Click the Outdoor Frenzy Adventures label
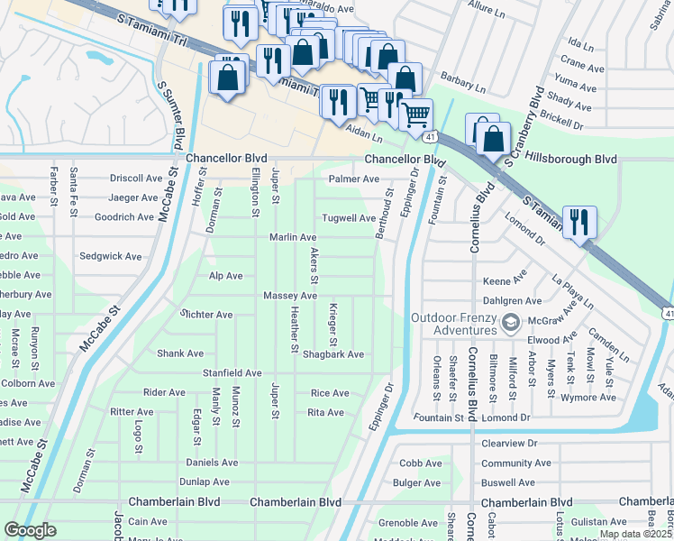click(x=454, y=324)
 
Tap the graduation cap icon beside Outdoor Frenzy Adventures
click(x=511, y=322)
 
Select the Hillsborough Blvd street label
click(x=573, y=159)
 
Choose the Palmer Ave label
click(x=353, y=179)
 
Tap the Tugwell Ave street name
click(x=350, y=218)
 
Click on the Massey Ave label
click(x=290, y=296)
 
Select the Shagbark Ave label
click(x=332, y=354)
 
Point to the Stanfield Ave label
click(x=232, y=372)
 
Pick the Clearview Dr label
click(x=509, y=444)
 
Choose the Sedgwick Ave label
click(x=111, y=256)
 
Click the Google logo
click(x=30, y=531)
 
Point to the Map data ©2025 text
click(x=635, y=534)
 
